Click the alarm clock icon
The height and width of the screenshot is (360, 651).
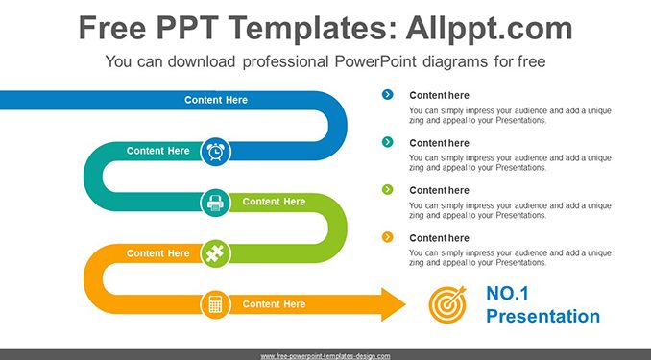[x=215, y=152]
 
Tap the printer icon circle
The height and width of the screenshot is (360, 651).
[x=215, y=203]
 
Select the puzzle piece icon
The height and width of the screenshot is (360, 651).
[x=215, y=253]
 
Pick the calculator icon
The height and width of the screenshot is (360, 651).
[x=215, y=304]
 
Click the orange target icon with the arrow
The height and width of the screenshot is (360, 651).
[x=447, y=304]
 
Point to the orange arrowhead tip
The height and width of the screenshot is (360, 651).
[x=405, y=304]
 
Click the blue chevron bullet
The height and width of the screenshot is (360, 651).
[x=387, y=95]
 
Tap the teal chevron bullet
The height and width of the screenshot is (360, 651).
[x=387, y=142]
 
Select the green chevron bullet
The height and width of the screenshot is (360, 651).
[x=387, y=190]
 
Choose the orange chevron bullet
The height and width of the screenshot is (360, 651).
[x=387, y=237]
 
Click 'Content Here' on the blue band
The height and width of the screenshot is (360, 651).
[x=216, y=100]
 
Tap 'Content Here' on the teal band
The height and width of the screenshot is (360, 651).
[x=157, y=151]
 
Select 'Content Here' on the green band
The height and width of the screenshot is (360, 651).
[x=274, y=202]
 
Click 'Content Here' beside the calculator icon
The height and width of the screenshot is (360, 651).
[x=274, y=304]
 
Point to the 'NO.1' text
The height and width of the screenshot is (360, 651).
[x=507, y=294]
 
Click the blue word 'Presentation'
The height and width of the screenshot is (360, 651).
[x=543, y=317]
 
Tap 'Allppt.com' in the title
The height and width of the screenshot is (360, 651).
[x=489, y=28]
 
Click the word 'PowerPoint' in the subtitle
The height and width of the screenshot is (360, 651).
[x=375, y=61]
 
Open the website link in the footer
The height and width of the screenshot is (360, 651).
[x=325, y=356]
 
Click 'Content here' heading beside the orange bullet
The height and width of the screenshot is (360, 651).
[x=439, y=238]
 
